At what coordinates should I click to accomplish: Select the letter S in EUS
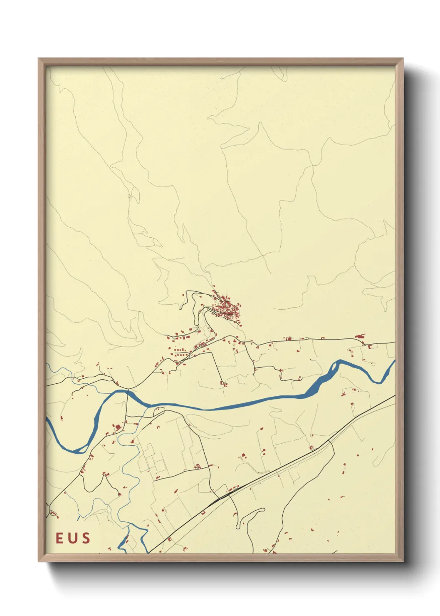[x=86, y=538]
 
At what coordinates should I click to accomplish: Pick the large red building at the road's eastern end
[x=360, y=336]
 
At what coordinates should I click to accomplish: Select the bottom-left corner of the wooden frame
[x=39, y=561]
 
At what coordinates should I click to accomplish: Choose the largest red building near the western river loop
[x=118, y=427]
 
